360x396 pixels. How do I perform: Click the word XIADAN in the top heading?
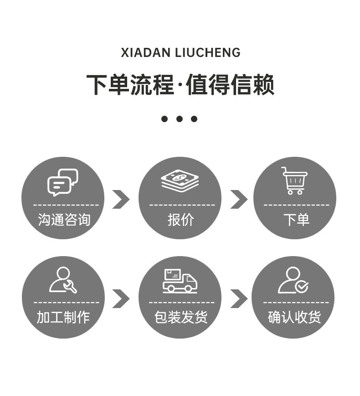pos(146,53)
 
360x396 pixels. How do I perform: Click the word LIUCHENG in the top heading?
pos(208,53)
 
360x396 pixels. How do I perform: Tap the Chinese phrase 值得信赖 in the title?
pos(230,85)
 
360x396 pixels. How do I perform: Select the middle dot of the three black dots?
pos(180,119)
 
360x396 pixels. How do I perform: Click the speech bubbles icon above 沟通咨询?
pos(63,182)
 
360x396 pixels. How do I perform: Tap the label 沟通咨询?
pos(64,220)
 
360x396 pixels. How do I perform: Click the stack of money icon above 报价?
pos(180,180)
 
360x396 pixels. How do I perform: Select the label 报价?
pos(180,220)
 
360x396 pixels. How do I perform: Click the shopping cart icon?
pos(294,180)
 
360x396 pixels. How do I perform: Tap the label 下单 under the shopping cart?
pos(296,220)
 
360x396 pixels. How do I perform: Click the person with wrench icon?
pos(63,280)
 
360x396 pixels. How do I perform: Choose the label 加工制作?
pos(63,317)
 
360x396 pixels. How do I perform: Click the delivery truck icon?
pos(180,281)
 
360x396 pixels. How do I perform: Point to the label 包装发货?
pos(180,317)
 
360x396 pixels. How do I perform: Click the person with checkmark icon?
pos(293,280)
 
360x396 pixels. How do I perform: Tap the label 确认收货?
pos(294,317)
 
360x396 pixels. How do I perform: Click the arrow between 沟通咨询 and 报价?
pos(121,199)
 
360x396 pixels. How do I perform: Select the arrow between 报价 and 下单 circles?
pos(238,199)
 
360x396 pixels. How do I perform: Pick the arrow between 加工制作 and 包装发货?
pos(121,298)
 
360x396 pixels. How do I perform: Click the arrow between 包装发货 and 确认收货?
pos(238,298)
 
